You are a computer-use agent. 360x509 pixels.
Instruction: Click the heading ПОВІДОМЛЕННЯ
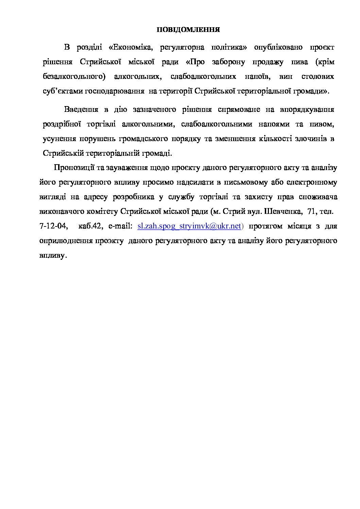(x=188, y=30)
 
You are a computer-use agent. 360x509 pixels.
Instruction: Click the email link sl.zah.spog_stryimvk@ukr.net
(x=189, y=226)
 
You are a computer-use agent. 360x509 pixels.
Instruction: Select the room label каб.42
(x=90, y=226)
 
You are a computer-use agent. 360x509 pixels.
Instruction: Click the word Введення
(x=81, y=109)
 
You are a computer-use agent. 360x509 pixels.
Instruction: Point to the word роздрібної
(x=62, y=124)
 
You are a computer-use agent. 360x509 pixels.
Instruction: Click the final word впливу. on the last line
(x=52, y=255)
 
